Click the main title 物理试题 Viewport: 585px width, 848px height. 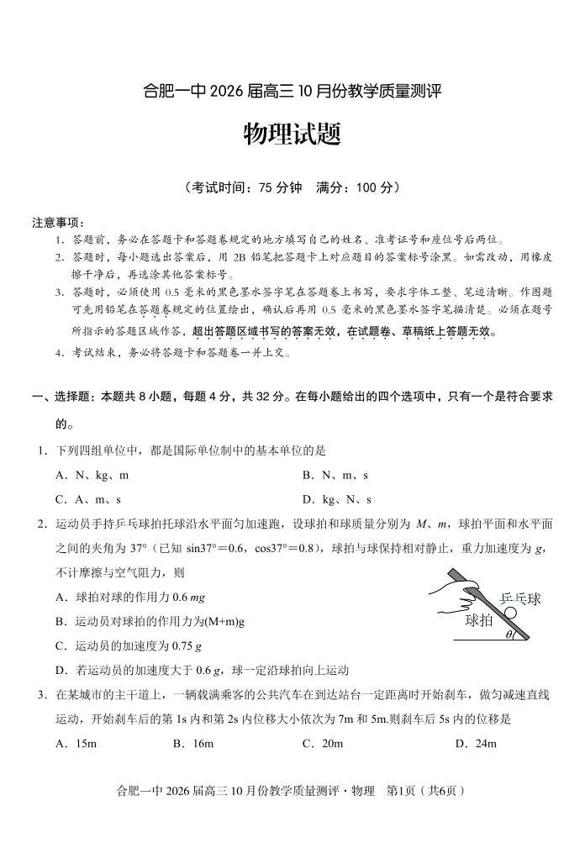[292, 134]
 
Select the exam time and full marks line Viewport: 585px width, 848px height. [292, 187]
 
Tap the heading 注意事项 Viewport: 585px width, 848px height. [58, 223]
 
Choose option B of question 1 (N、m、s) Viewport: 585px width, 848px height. [335, 475]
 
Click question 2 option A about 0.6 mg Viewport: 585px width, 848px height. [130, 598]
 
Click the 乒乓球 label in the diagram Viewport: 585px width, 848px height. [520, 598]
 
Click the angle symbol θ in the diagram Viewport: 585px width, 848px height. [509, 635]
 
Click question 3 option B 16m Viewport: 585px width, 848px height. [192, 743]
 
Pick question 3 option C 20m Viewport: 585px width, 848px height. [322, 743]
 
